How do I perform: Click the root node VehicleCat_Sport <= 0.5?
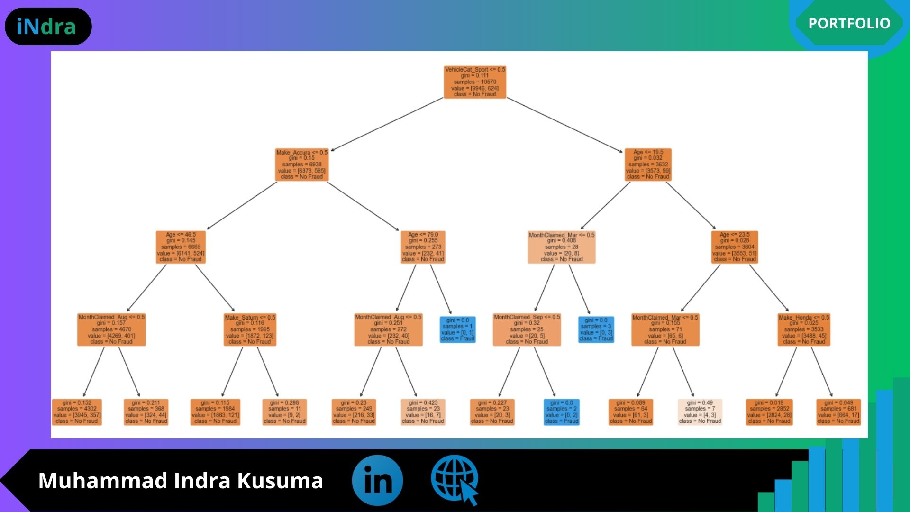(475, 82)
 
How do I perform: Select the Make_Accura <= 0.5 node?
(302, 165)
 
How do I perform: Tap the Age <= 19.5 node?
(648, 165)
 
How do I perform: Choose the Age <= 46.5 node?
(181, 247)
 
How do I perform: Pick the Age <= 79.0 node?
(423, 247)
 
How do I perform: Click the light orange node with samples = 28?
(561, 247)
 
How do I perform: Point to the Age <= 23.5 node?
(735, 247)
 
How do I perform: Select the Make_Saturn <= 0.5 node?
(250, 329)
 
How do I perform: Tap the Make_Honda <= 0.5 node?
(804, 329)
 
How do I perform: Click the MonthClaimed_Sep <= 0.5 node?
(527, 329)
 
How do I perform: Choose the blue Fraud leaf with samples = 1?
(457, 329)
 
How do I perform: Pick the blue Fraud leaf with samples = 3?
(596, 329)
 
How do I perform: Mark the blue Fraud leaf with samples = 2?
(562, 412)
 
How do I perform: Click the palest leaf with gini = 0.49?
(700, 412)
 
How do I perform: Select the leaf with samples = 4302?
(77, 412)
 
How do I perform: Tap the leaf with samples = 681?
(838, 412)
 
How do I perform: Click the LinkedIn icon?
(377, 480)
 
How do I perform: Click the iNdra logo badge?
(48, 27)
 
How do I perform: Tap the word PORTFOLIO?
(849, 23)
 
